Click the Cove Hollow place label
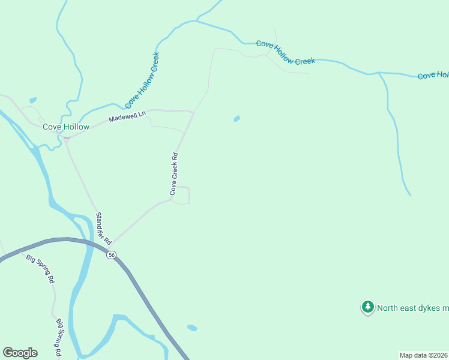[x=66, y=127]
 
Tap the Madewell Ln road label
[x=127, y=116]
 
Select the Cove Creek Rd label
[x=175, y=173]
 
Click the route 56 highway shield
[x=112, y=255]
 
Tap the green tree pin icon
[x=367, y=307]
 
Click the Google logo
[x=20, y=353]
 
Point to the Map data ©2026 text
[x=424, y=355]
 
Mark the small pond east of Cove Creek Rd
[x=237, y=118]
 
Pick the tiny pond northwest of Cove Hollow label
[x=32, y=100]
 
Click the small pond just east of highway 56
[x=192, y=328]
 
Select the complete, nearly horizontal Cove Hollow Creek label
[x=285, y=52]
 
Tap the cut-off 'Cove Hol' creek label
[x=433, y=75]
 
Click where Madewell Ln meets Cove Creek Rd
[x=193, y=112]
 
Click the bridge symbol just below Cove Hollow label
[x=67, y=137]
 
